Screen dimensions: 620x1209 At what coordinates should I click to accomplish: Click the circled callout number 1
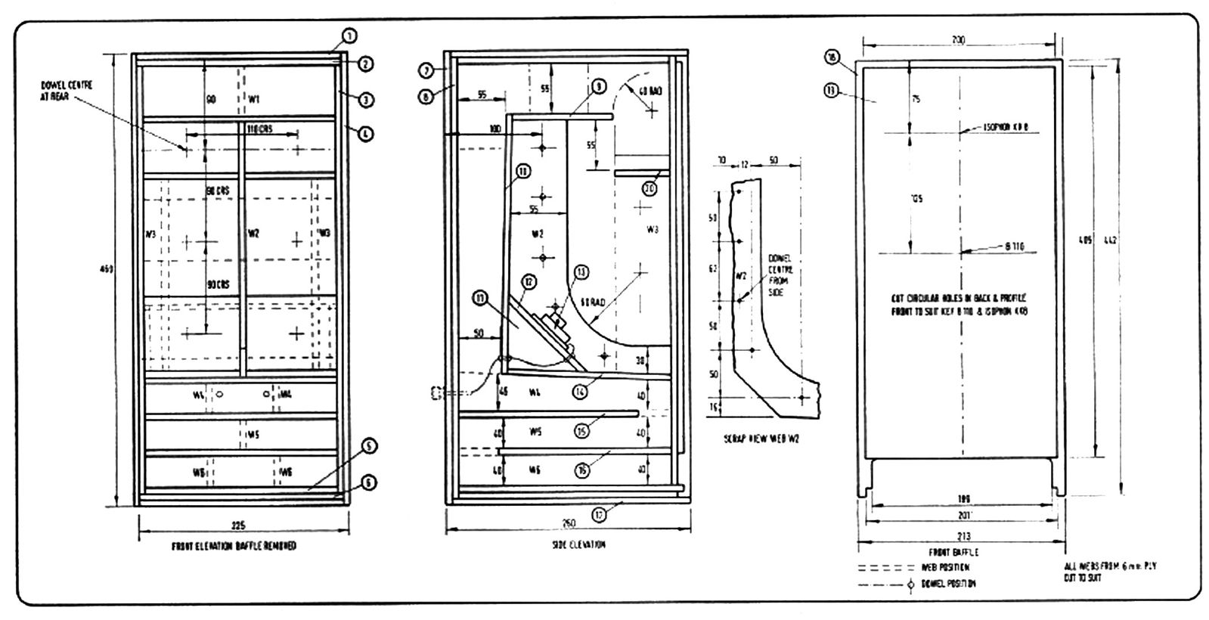[349, 35]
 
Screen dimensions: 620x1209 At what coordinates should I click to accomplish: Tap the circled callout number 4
[365, 134]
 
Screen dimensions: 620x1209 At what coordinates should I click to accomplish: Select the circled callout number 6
[367, 482]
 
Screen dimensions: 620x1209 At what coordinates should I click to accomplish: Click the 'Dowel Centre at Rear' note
[67, 91]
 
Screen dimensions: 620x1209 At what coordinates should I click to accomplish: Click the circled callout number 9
[597, 87]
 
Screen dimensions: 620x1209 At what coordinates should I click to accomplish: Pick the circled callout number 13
[581, 271]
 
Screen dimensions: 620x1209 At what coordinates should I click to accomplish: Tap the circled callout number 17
[599, 516]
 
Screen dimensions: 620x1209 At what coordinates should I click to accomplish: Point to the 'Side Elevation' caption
[578, 544]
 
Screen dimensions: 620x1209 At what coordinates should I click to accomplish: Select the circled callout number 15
[581, 431]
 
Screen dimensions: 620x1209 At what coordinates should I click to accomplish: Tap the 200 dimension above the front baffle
[958, 40]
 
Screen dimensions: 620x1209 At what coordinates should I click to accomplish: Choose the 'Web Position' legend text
[945, 567]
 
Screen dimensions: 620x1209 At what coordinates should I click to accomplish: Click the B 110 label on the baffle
[1014, 246]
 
